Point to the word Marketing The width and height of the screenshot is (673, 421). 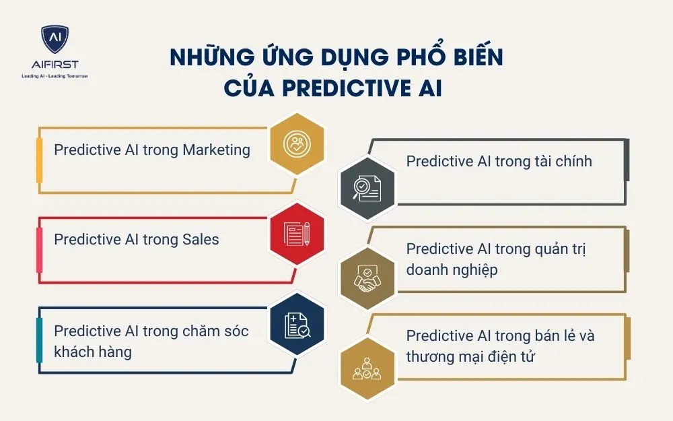(216, 150)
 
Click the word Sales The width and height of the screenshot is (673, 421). (201, 239)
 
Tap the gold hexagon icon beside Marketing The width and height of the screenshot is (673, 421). (297, 144)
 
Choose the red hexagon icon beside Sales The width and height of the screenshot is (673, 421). (297, 234)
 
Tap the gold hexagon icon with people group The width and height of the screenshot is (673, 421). (367, 368)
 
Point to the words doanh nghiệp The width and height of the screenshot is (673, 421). (452, 269)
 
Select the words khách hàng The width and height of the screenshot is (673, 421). (93, 352)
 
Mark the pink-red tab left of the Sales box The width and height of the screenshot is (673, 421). (39, 240)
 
